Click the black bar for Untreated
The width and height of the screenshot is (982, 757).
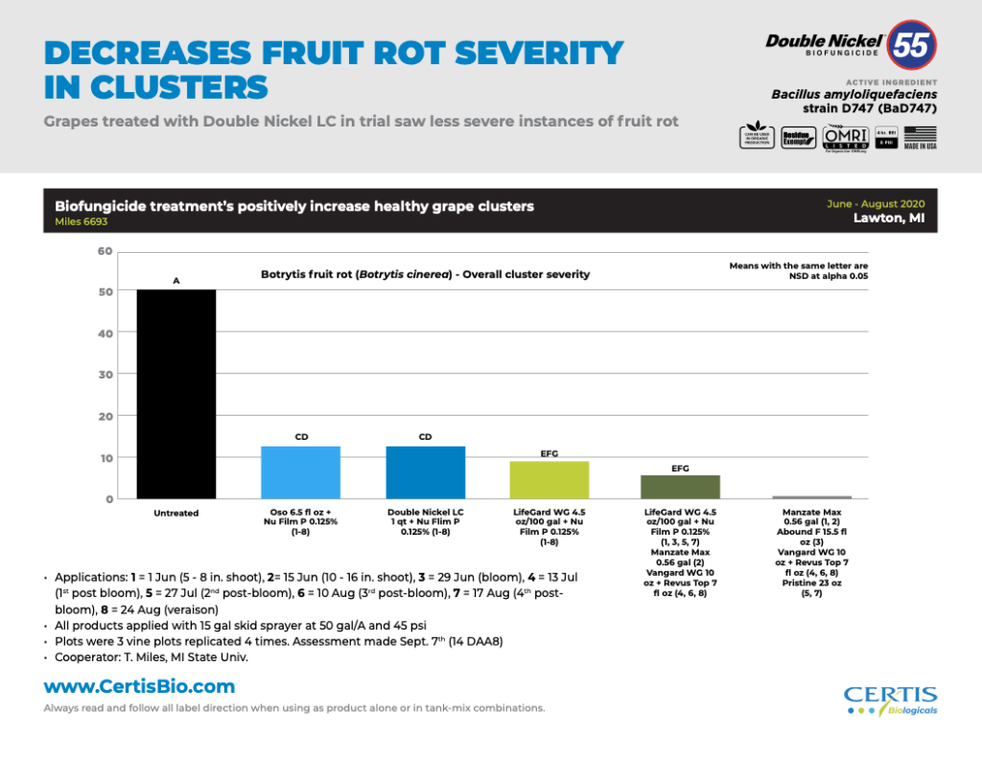pyautogui.click(x=176, y=394)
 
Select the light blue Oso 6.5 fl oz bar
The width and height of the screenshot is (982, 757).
pyautogui.click(x=300, y=472)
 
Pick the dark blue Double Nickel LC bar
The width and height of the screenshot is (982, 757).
pyautogui.click(x=425, y=472)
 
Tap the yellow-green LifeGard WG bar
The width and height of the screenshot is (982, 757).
pyautogui.click(x=549, y=480)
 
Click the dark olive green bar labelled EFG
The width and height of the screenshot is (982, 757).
pyautogui.click(x=679, y=487)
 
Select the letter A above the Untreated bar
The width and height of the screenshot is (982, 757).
pyautogui.click(x=176, y=281)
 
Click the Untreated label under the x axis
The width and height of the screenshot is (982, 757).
pyautogui.click(x=176, y=514)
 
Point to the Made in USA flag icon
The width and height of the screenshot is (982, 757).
pyautogui.click(x=922, y=137)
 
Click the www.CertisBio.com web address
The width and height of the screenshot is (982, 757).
pyautogui.click(x=139, y=687)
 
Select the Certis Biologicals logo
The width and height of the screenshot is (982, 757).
pyautogui.click(x=890, y=700)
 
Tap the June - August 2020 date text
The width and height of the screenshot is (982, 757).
pyautogui.click(x=876, y=204)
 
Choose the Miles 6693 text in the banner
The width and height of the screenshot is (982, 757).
pyautogui.click(x=82, y=221)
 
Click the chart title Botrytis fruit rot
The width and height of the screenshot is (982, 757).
pyautogui.click(x=425, y=274)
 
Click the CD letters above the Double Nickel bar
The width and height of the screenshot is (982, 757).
pyautogui.click(x=425, y=437)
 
